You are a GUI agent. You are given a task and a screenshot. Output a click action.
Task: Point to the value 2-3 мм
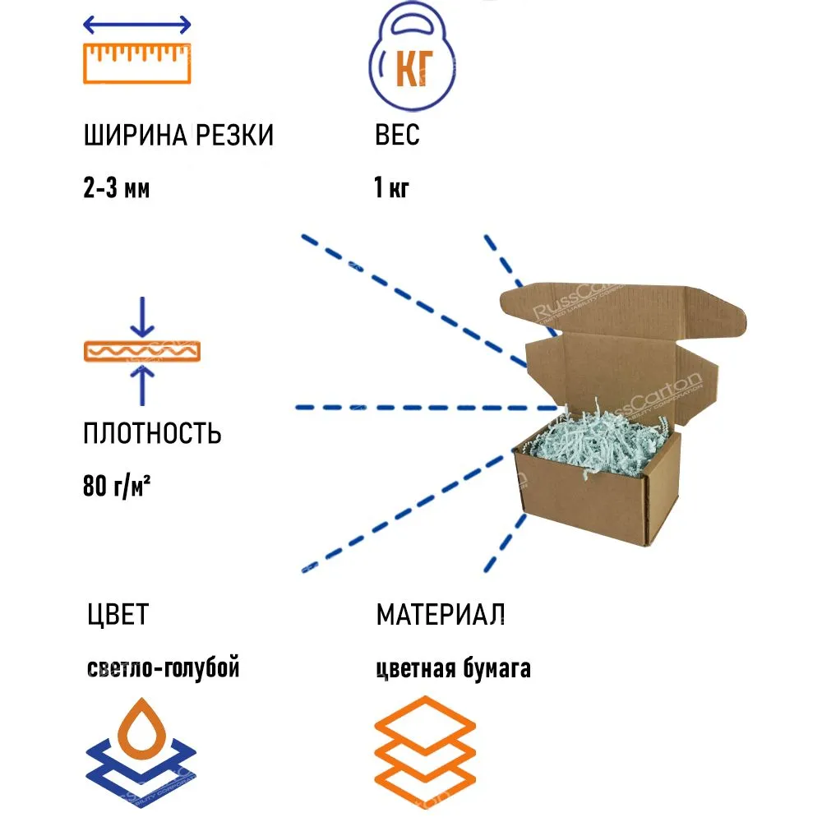pyautogui.click(x=117, y=189)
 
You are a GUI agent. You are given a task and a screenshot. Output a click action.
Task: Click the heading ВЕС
pyautogui.click(x=397, y=136)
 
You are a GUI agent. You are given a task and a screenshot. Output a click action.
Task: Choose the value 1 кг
pyautogui.click(x=391, y=189)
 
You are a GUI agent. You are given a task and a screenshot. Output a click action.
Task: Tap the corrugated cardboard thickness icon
pyautogui.click(x=142, y=351)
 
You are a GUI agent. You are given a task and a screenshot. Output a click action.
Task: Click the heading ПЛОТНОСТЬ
pyautogui.click(x=152, y=433)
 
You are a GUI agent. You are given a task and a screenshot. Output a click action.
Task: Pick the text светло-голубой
pyautogui.click(x=162, y=668)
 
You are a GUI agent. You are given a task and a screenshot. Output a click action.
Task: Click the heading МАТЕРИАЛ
pyautogui.click(x=441, y=614)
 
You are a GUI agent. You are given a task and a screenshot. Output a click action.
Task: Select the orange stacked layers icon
pyautogui.click(x=425, y=752)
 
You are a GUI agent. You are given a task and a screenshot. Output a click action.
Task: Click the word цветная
pyautogui.click(x=416, y=669)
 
